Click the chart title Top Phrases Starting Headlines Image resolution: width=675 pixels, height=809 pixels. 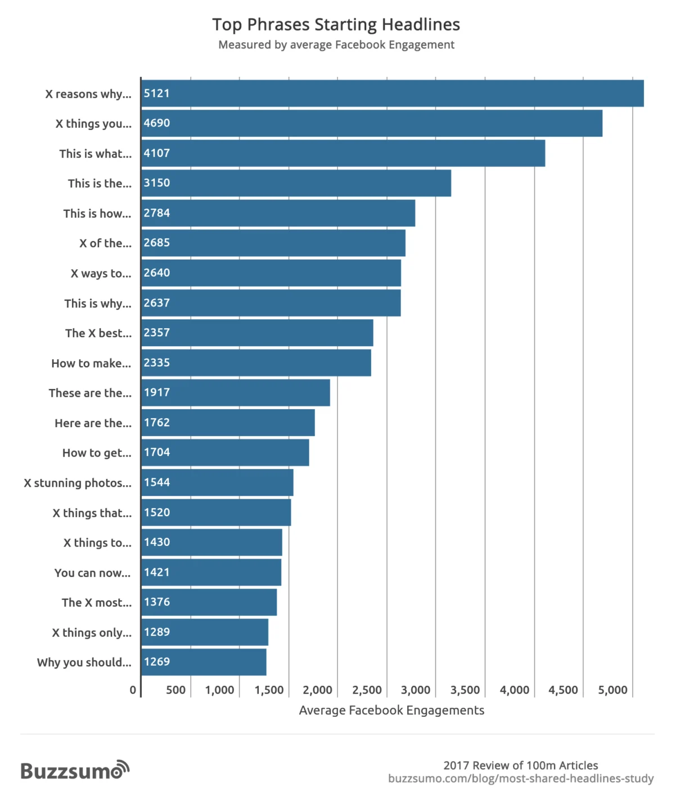coord(336,25)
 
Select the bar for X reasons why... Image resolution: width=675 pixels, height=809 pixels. coord(392,93)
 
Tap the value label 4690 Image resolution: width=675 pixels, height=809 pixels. coord(156,123)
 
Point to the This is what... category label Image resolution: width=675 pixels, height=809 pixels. coord(95,153)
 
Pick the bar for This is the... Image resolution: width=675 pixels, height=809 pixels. coord(296,183)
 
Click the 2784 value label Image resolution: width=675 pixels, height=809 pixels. coord(156,213)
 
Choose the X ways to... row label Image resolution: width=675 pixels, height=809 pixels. coord(101,273)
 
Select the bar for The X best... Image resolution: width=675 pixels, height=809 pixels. coord(257,333)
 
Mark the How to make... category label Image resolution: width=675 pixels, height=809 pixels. coord(91,363)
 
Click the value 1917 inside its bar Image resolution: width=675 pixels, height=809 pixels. coord(156,392)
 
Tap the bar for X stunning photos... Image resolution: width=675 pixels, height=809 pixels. coord(217,482)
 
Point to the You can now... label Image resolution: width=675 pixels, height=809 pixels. coord(92,573)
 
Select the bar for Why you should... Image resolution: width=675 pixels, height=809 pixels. coord(204,662)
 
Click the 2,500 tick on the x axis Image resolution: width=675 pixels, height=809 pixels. coord(367,690)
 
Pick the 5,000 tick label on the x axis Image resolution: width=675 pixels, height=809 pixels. coord(613,690)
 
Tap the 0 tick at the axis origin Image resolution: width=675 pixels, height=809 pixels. coord(133,690)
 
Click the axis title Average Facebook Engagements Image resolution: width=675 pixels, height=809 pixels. coord(391,710)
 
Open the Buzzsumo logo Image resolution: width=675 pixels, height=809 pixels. coord(75,770)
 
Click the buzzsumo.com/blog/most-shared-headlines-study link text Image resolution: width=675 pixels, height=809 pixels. coord(520,779)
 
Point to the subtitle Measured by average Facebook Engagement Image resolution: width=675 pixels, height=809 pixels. coord(336,45)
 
